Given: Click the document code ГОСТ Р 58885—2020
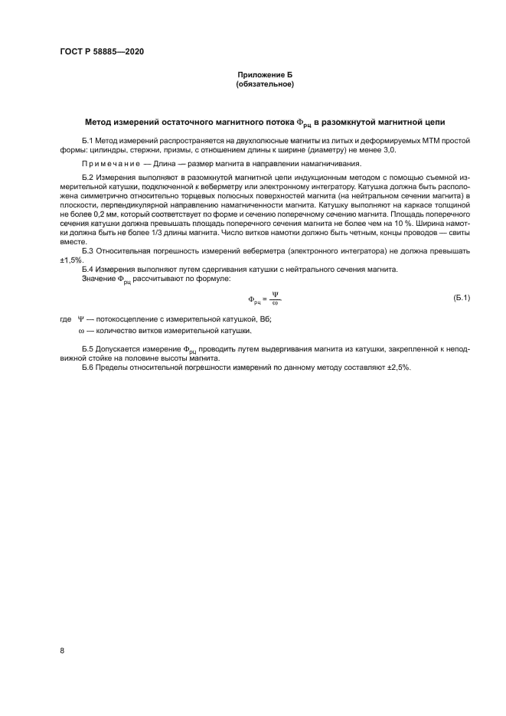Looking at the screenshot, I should [101, 51].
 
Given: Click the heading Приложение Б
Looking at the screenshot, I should [265, 74].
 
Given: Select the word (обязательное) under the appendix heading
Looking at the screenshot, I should [265, 83].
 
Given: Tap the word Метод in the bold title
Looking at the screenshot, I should [98, 123].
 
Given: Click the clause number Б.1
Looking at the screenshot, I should [87, 142].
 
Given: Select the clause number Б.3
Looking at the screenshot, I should [87, 250].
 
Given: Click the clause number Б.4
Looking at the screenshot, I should [87, 270].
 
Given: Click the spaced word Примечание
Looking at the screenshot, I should [106, 164].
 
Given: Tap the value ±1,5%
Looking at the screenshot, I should [71, 260].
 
